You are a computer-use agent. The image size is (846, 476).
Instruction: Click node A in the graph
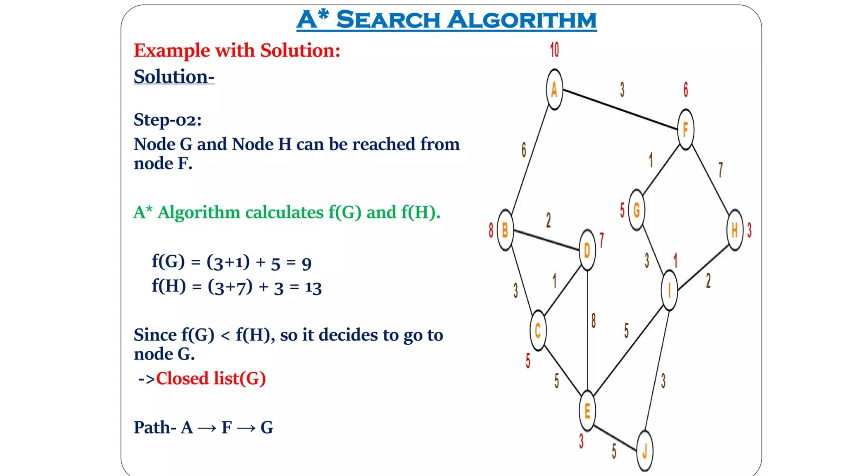coord(554,90)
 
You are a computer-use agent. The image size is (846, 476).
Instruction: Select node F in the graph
coord(686,129)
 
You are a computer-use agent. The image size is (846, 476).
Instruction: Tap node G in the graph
coord(637,210)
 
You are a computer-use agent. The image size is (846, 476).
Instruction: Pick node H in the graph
coord(735,230)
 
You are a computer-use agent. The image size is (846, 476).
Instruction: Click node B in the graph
coord(505,230)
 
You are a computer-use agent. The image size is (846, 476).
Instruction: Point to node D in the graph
coord(587,250)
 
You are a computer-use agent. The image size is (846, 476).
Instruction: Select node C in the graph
coord(538,331)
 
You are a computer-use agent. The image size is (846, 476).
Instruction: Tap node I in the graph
coord(669,290)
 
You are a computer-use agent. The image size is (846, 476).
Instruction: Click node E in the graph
coord(587,411)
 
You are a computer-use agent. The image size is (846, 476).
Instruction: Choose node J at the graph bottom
coord(645,451)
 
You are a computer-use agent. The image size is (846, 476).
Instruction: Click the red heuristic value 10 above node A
coord(554,50)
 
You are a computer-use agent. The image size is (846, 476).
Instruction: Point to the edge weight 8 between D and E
coord(594,321)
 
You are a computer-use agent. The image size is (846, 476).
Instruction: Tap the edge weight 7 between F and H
coord(720,170)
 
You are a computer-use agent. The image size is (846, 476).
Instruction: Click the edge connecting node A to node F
coord(620,109)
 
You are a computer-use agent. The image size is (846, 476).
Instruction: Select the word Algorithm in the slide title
coord(522,20)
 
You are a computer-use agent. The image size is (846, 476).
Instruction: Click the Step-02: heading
coord(168,120)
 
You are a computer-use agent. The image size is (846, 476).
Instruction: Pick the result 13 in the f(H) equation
coord(313,287)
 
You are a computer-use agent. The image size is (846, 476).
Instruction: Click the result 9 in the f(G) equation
coord(306,263)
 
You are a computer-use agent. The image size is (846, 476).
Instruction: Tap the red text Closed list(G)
coord(211,378)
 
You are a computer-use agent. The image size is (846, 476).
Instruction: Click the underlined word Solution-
coord(174,77)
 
